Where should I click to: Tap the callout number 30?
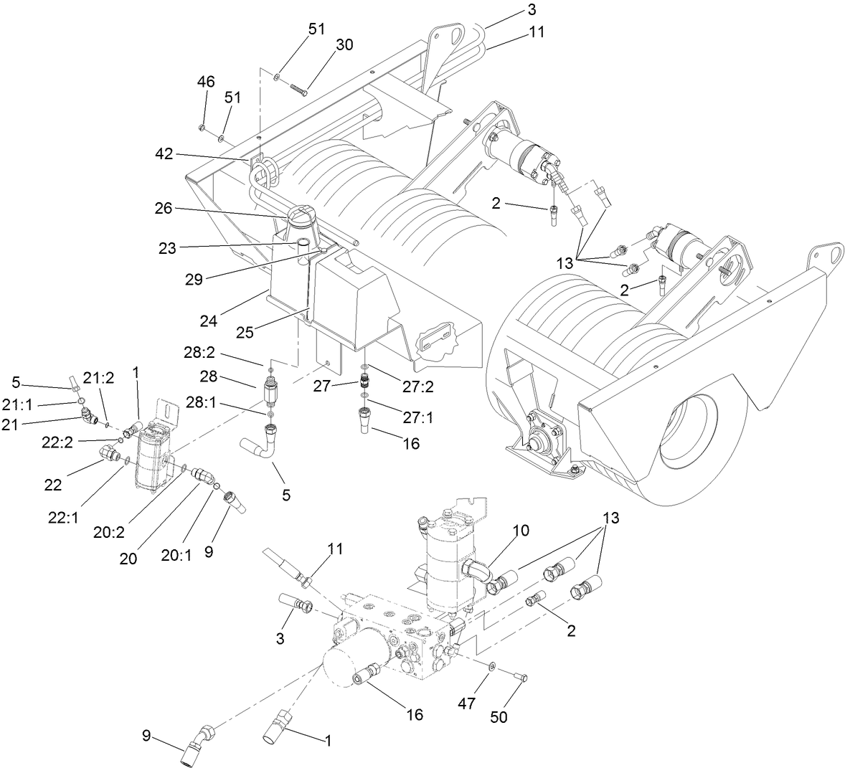pyautogui.click(x=344, y=44)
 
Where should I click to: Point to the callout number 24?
pyautogui.click(x=209, y=322)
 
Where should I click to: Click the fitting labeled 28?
pyautogui.click(x=270, y=393)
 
